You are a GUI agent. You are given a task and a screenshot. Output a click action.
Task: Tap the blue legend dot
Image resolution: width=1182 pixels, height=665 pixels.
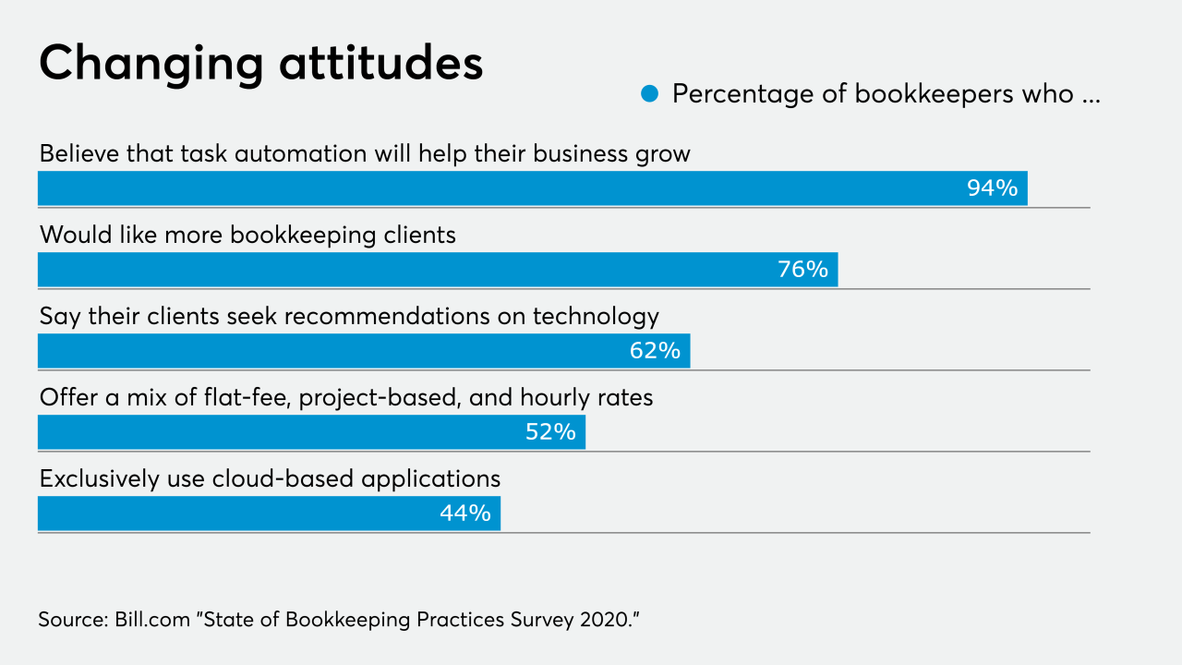coord(649,94)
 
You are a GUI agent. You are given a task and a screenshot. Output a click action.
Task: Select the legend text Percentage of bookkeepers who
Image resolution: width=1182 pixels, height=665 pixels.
coord(873,94)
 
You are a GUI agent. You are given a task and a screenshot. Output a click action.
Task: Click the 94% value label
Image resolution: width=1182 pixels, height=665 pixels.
coord(992,188)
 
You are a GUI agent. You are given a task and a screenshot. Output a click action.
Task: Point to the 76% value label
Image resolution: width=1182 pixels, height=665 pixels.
coord(802,270)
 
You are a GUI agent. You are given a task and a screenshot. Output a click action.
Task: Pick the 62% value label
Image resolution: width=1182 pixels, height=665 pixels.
coord(655,351)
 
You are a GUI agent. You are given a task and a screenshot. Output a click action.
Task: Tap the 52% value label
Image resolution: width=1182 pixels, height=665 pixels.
coord(550,432)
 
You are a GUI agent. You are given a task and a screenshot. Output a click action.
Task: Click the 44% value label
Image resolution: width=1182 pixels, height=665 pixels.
coord(464,514)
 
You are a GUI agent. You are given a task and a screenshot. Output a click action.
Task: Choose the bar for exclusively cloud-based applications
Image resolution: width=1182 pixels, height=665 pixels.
coord(231,514)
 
